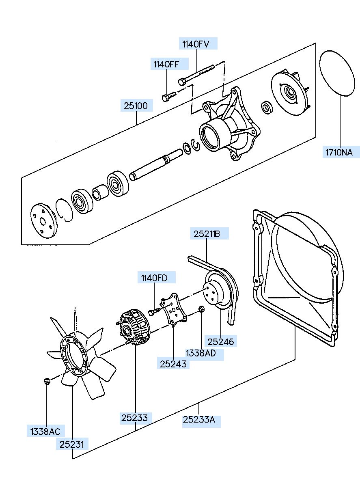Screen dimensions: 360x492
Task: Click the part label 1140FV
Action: point(196,44)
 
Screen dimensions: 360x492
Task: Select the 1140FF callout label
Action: point(166,65)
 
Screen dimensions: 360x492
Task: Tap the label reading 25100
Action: point(136,106)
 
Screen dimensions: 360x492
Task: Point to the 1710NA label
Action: point(339,152)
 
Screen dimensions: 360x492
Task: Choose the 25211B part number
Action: point(207,234)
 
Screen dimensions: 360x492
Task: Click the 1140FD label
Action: point(154,278)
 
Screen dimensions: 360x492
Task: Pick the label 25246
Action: point(221,342)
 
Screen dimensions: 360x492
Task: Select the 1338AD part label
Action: point(201,353)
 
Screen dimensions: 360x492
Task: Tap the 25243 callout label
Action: point(173,364)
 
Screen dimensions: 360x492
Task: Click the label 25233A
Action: point(199,419)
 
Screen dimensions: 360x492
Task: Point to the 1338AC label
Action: point(45,432)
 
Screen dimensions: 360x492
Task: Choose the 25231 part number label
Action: point(72,445)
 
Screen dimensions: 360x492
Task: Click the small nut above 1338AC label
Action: point(47,381)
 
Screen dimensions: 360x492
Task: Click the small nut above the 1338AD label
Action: point(201,309)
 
